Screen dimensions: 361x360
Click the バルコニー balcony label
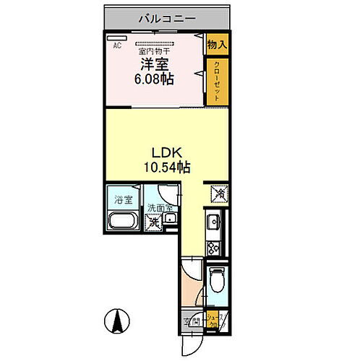(x=166, y=19)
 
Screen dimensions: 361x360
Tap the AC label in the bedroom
(x=116, y=46)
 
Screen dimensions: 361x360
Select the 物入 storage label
(x=217, y=45)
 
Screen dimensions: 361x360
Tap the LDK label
(x=164, y=153)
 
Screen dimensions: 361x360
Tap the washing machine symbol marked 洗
(x=154, y=222)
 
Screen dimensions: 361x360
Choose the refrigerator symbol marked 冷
(x=217, y=193)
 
